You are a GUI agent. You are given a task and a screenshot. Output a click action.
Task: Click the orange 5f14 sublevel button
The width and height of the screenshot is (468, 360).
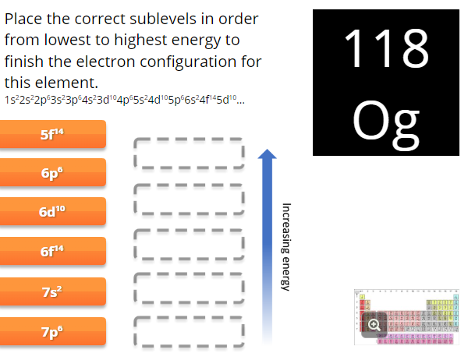point(52,133)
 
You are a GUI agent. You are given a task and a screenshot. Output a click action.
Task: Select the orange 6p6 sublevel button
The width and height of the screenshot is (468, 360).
point(52,173)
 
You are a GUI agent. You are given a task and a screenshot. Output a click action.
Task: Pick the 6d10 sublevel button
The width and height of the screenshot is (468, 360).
point(52,212)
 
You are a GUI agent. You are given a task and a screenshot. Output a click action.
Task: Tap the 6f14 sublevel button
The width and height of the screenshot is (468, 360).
point(52,252)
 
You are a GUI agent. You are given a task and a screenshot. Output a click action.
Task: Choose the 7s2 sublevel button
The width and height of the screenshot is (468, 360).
point(52,292)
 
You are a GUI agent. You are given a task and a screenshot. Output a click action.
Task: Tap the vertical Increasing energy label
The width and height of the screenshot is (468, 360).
point(285,246)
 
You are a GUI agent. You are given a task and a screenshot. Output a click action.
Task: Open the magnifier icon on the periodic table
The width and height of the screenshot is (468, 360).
point(375,325)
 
